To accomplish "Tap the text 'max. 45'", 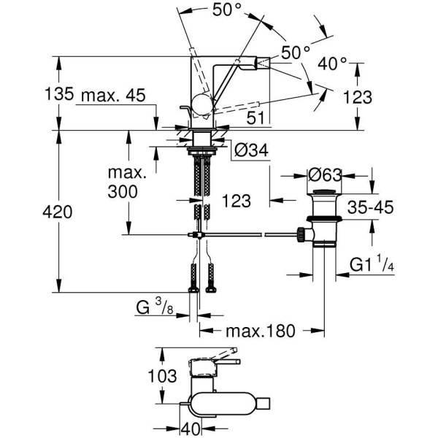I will click(x=113, y=96).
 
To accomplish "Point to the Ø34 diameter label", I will click(x=252, y=150).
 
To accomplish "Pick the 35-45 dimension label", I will click(x=369, y=207).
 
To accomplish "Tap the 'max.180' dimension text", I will click(x=260, y=331).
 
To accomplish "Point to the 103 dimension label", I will click(x=162, y=376).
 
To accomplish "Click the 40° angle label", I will click(x=333, y=64).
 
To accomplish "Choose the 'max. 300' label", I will click(x=128, y=184).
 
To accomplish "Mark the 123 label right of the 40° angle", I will click(x=378, y=96).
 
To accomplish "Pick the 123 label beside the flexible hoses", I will click(x=237, y=200).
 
